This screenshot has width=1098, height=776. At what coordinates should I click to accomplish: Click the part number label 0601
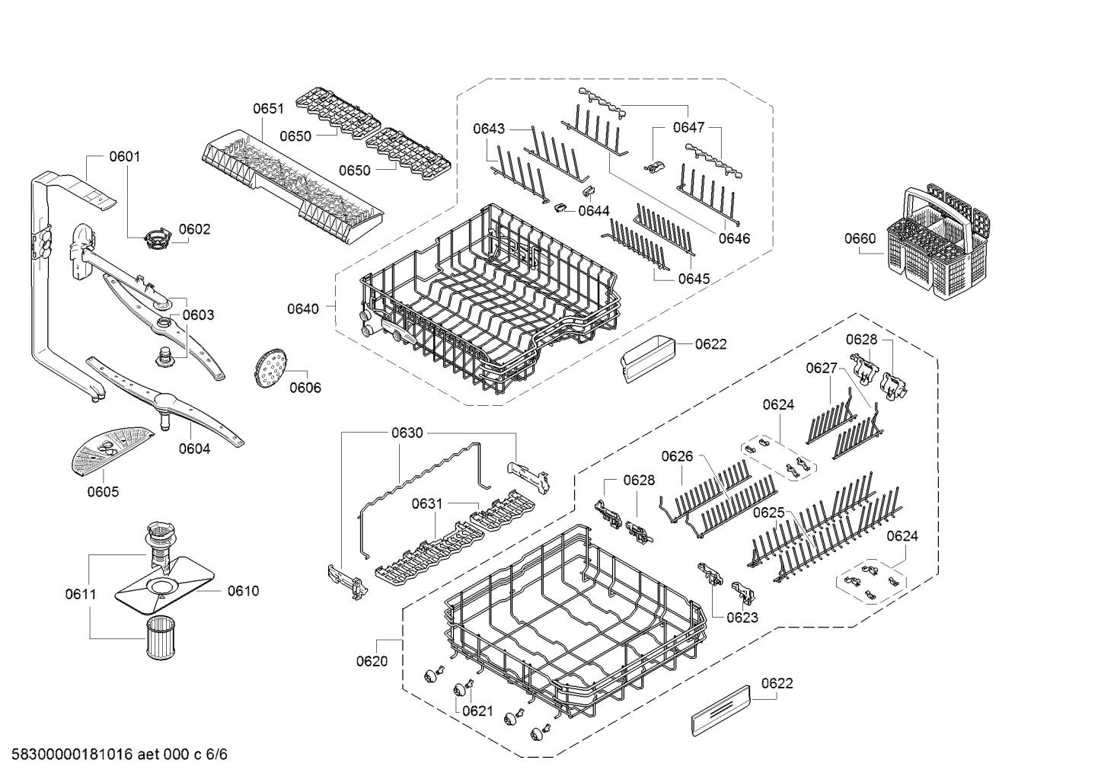tap(125, 157)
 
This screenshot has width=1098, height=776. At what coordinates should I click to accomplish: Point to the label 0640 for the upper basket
tap(303, 308)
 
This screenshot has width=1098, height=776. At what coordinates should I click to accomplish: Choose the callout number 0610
tap(243, 590)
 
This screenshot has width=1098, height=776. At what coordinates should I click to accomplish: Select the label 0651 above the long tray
tap(268, 110)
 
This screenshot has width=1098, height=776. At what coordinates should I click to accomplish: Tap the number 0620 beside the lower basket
tap(372, 661)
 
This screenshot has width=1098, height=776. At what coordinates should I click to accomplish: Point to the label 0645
tap(694, 279)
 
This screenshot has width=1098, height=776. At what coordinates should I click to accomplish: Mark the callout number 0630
tap(407, 433)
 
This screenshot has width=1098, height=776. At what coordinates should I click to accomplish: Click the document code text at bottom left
tap(114, 755)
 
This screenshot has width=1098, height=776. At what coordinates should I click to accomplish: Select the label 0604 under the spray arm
tap(194, 449)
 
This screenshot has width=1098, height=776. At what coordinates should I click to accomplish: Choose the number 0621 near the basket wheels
tap(477, 711)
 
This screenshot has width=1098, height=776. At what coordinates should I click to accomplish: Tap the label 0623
tap(742, 617)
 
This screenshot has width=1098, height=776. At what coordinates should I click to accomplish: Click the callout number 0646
tap(734, 238)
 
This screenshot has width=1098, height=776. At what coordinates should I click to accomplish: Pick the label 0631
tap(427, 503)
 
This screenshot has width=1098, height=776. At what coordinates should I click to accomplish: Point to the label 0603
tap(198, 315)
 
